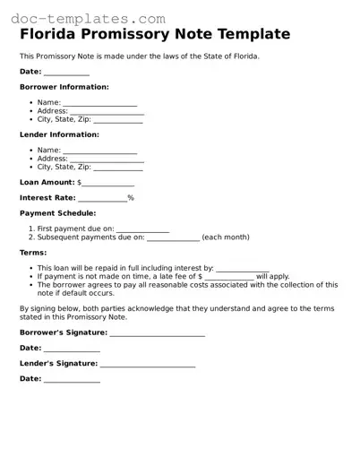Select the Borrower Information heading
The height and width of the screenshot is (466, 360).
pyautogui.click(x=64, y=87)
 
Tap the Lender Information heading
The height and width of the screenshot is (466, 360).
pyautogui.click(x=60, y=134)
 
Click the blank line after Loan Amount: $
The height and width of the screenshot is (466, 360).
pyautogui.click(x=108, y=182)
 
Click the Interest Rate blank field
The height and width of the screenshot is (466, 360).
pyautogui.click(x=102, y=198)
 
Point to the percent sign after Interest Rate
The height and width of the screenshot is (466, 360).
pyautogui.click(x=131, y=198)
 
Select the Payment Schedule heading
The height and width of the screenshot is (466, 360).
pyautogui.click(x=57, y=213)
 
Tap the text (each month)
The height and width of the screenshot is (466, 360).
pyautogui.click(x=226, y=237)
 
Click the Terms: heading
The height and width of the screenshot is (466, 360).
pyautogui.click(x=33, y=253)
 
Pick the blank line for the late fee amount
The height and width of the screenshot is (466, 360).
pyautogui.click(x=228, y=277)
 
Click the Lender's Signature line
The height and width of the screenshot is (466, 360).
pyautogui.click(x=148, y=364)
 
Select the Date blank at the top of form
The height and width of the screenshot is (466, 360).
pyautogui.click(x=66, y=72)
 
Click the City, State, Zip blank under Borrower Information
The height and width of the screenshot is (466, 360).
pyautogui.click(x=118, y=119)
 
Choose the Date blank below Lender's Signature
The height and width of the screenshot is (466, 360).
pyautogui.click(x=72, y=379)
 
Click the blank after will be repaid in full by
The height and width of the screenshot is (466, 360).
pyautogui.click(x=242, y=269)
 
